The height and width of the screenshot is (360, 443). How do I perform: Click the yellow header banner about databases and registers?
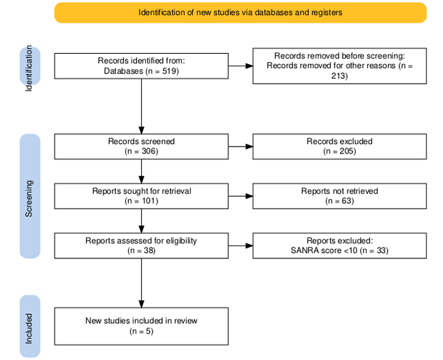[x=240, y=12]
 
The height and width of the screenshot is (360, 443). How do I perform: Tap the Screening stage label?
[x=29, y=196]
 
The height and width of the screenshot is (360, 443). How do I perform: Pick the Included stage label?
[x=29, y=327]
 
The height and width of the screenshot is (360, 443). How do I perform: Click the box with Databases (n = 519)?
[x=141, y=65]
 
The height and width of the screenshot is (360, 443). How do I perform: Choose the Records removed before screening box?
[x=339, y=65]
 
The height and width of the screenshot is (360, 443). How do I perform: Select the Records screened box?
[x=141, y=147]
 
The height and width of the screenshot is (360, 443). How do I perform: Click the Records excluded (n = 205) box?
[x=339, y=147]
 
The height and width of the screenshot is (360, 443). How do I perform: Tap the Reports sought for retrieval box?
[x=141, y=196]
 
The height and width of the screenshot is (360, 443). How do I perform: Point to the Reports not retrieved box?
[x=339, y=196]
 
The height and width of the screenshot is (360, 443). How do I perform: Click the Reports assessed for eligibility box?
[x=141, y=245]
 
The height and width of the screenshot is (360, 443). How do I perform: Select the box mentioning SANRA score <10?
[x=339, y=245]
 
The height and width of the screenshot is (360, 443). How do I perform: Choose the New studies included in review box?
[x=141, y=326]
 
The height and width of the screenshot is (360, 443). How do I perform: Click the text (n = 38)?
[x=141, y=250]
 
